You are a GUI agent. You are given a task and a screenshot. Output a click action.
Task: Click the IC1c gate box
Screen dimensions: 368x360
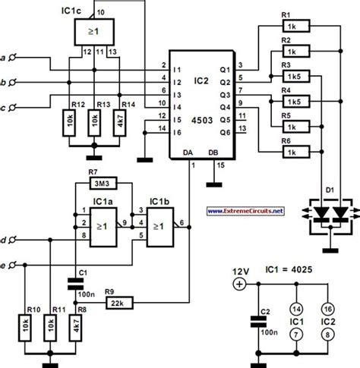click(93, 32)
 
